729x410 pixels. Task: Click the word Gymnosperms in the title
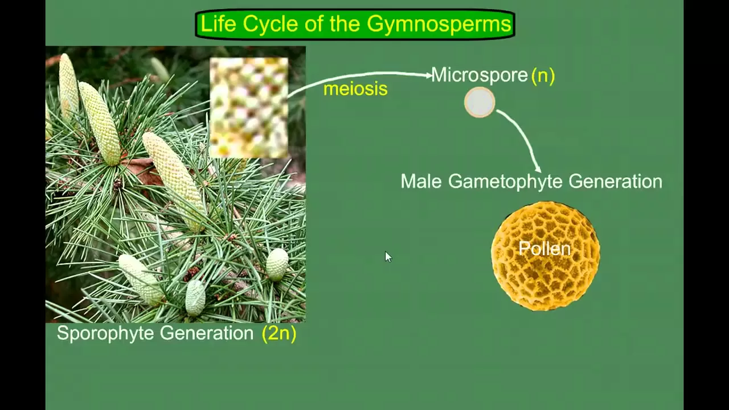439,24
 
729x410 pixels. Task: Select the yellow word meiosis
355,89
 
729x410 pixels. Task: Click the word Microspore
479,75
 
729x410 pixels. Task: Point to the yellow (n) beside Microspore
543,75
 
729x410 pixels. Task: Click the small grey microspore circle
480,102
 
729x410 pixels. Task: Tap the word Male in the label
421,182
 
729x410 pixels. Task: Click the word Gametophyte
506,182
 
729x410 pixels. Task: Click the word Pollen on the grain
544,249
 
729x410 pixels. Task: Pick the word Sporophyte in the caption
105,333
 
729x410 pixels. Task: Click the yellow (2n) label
279,333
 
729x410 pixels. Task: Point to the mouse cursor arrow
387,257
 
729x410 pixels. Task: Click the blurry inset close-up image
249,107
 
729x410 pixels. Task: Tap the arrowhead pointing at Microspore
429,75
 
